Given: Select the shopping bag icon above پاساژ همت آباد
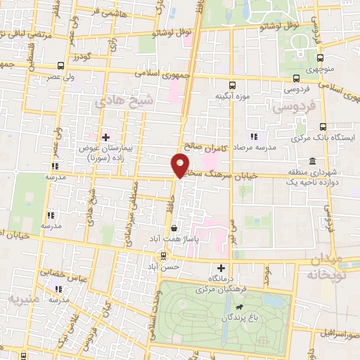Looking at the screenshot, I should tap(174, 228).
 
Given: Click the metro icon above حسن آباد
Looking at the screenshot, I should tap(163, 255).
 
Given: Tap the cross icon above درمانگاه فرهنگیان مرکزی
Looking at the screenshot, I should tap(221, 268).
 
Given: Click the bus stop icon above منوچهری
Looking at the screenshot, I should tap(320, 58).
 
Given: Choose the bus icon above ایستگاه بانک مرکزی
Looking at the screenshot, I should tap(323, 127).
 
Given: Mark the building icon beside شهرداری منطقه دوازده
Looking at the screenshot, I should tap(311, 163).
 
